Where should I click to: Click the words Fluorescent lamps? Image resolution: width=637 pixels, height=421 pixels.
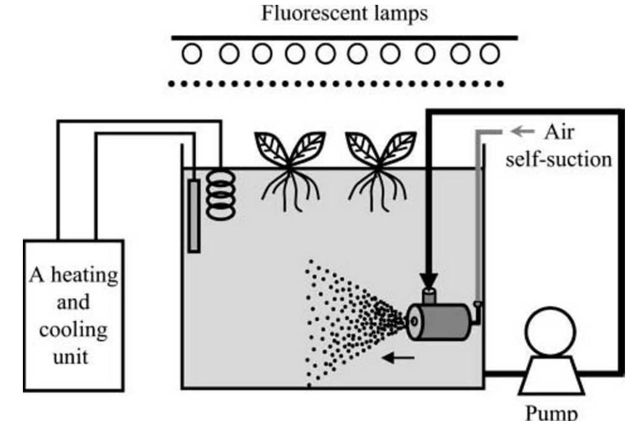click(x=344, y=13)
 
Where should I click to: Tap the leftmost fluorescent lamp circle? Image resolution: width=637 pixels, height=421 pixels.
click(x=193, y=55)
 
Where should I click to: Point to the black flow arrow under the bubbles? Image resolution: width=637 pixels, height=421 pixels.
click(x=399, y=358)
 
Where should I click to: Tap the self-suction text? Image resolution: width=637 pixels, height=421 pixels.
click(x=559, y=160)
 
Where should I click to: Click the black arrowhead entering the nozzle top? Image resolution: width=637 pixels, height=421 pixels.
click(x=429, y=279)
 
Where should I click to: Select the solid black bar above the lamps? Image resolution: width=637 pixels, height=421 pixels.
click(x=344, y=37)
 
